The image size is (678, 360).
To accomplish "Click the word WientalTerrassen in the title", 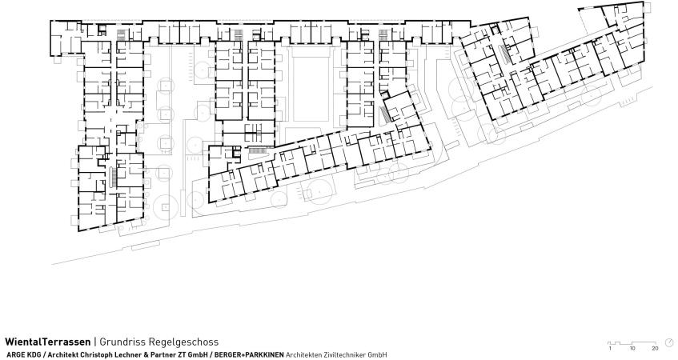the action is (x=48, y=342).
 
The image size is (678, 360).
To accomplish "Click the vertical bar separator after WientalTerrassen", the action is (x=95, y=342).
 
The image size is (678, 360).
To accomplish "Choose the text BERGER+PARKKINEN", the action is (x=249, y=355).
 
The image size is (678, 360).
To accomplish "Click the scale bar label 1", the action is (x=610, y=348).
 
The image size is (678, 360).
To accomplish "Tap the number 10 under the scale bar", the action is (x=632, y=348).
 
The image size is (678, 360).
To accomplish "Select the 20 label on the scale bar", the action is (x=655, y=348).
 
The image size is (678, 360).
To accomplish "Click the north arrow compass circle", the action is (x=669, y=342).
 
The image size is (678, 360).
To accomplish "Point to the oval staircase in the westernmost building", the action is (x=114, y=177).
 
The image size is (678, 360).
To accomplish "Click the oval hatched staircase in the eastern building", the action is (x=504, y=54).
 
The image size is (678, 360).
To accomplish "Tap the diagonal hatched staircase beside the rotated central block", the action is (x=384, y=114).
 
